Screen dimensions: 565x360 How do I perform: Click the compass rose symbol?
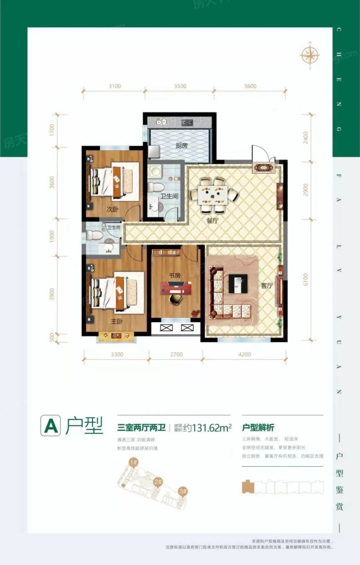tap(310, 55)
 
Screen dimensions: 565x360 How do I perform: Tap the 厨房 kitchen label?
tap(182, 146)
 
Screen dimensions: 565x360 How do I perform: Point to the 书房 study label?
tap(175, 275)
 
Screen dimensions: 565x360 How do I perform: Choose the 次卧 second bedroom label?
tap(113, 209)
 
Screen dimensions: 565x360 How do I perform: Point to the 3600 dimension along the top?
tap(250, 86)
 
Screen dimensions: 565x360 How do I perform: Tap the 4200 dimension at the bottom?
tap(245, 355)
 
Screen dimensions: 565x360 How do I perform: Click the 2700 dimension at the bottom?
tap(176, 355)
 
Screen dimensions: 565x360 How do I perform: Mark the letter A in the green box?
tap(50, 426)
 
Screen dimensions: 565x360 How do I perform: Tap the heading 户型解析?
tap(258, 426)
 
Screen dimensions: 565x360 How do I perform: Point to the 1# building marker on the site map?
tap(133, 462)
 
